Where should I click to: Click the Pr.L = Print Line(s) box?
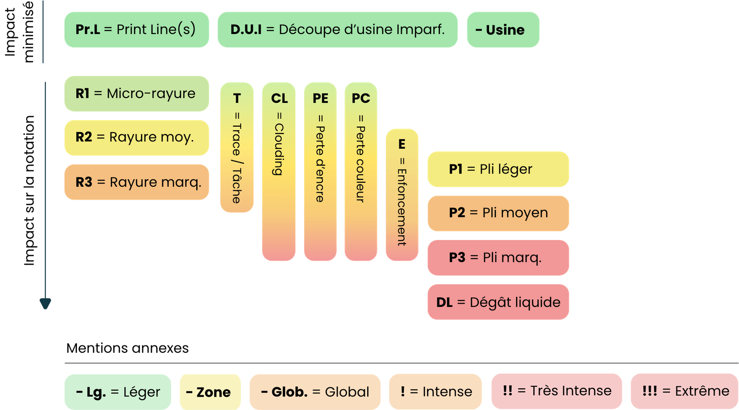click(137, 30)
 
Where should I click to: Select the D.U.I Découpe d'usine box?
click(337, 30)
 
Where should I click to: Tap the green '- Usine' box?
click(503, 30)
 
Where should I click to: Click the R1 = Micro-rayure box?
click(137, 94)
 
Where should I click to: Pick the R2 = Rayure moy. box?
click(137, 137)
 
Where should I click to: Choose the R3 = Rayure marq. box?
click(137, 182)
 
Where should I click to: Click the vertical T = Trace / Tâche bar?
click(237, 148)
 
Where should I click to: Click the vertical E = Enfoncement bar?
click(402, 195)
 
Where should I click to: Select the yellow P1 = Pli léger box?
click(498, 169)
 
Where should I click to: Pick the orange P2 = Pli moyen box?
click(498, 213)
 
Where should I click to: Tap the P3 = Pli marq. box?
click(498, 257)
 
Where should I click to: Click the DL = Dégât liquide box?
click(498, 302)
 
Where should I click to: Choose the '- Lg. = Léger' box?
click(117, 392)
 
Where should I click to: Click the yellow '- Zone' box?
click(210, 392)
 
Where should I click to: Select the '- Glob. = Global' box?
click(315, 392)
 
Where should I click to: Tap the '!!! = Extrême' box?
click(684, 391)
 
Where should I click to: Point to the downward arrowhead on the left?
click(45, 304)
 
